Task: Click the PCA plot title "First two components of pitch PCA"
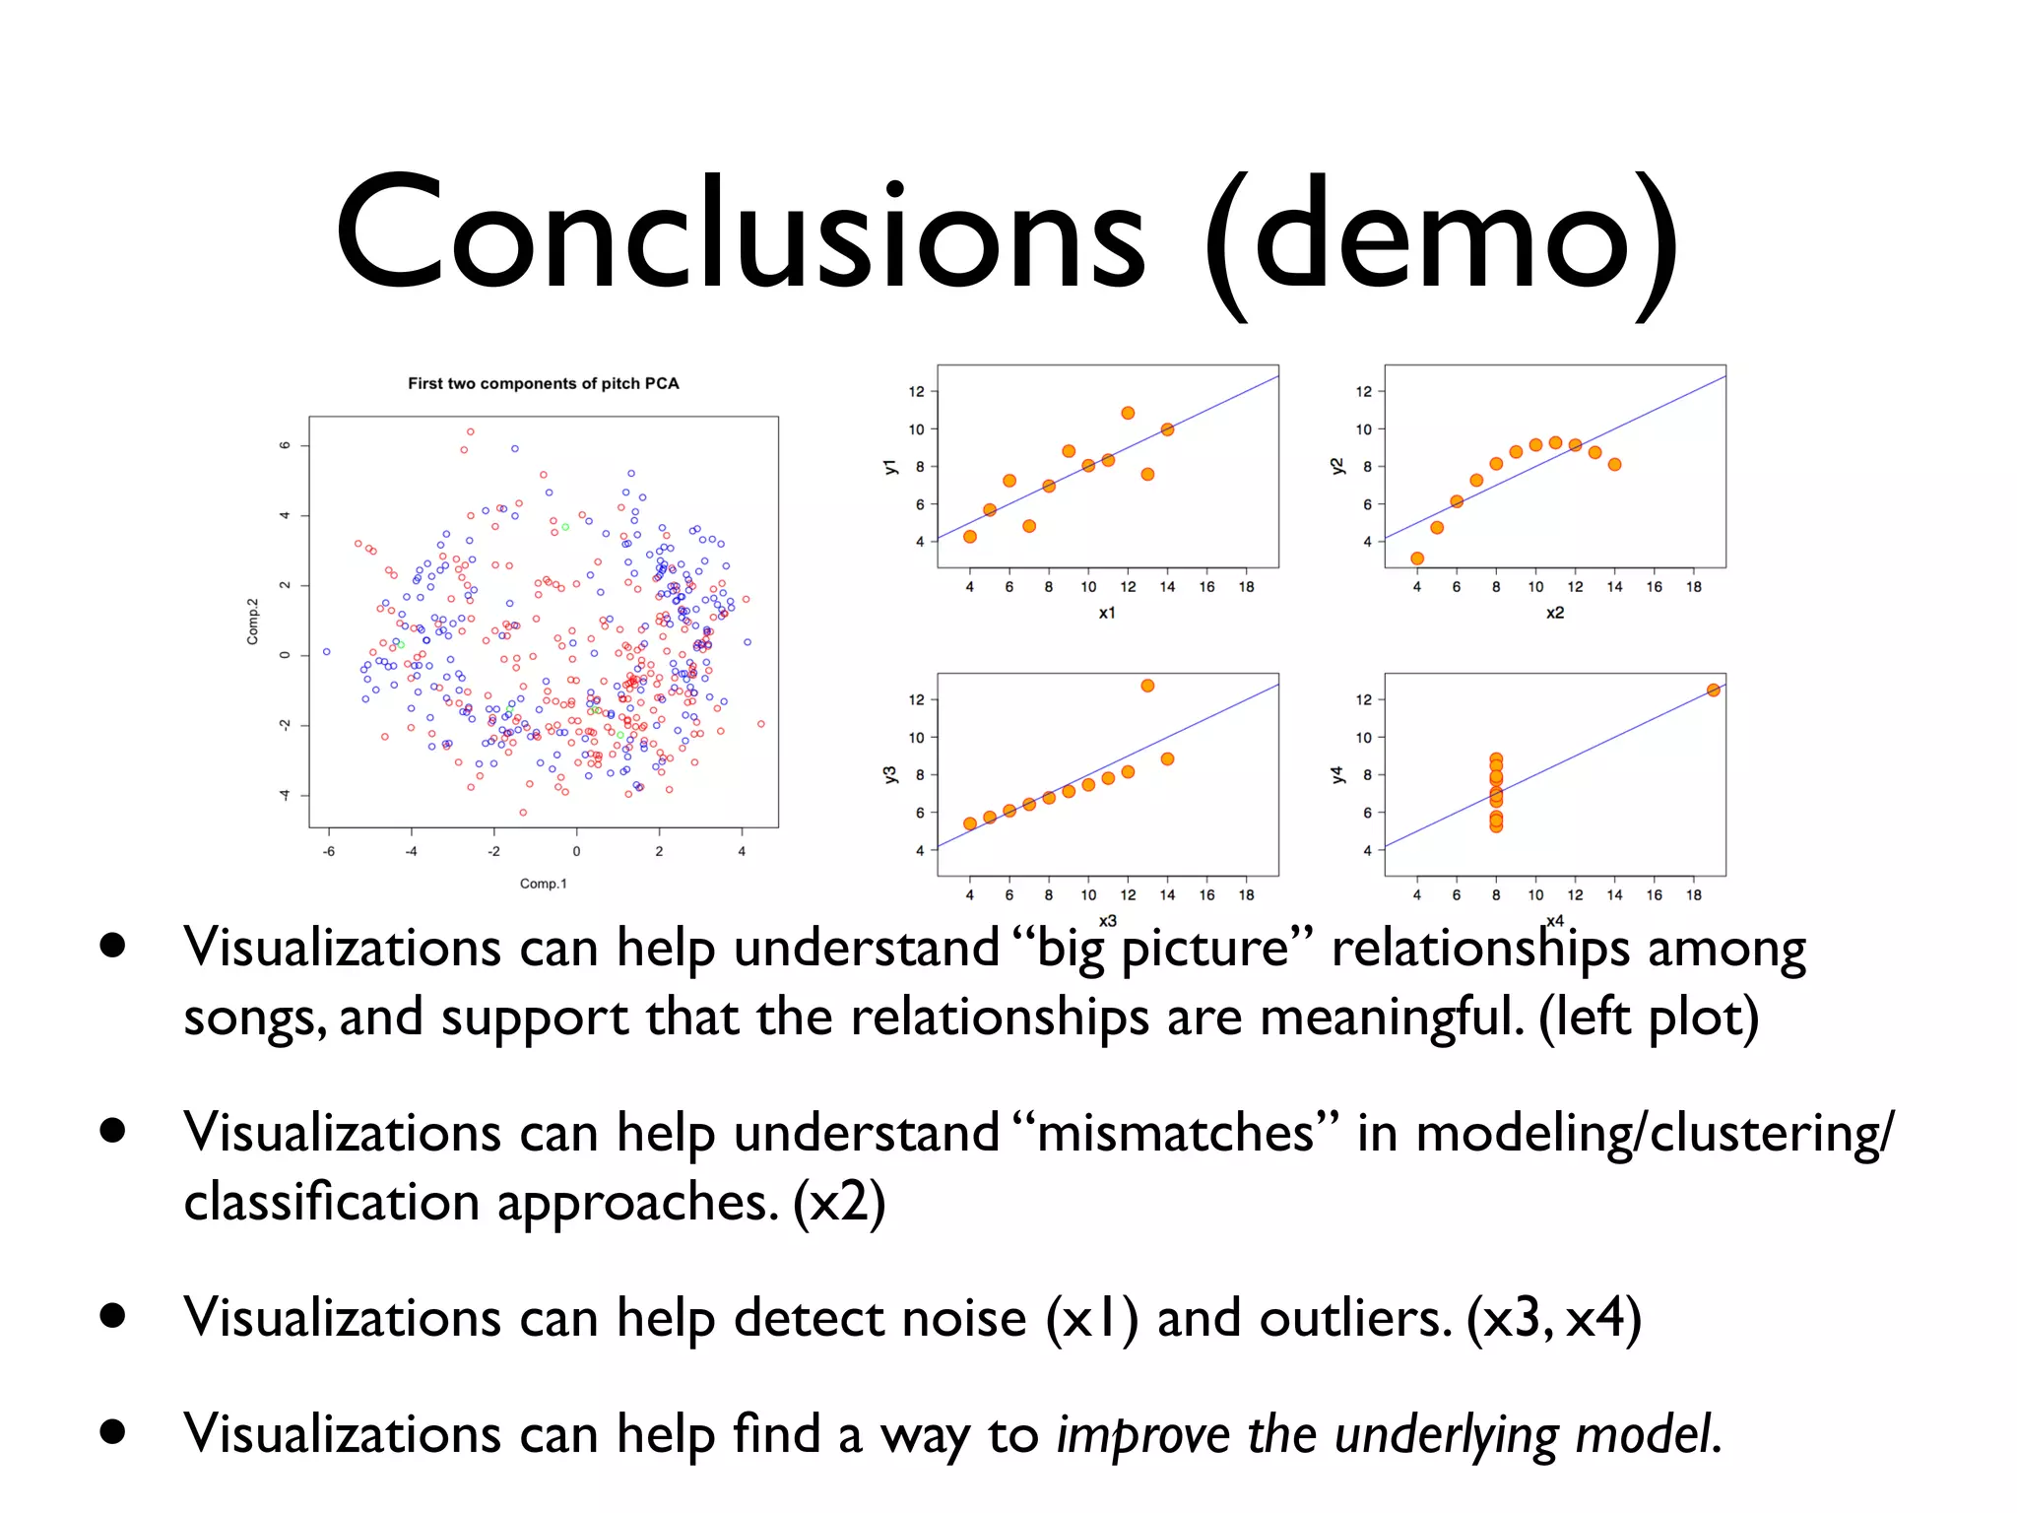544,383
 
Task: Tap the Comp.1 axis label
544,884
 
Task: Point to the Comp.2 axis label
253,622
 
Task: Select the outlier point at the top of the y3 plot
1147,686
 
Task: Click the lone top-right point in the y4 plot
1714,690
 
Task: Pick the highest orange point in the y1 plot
1128,413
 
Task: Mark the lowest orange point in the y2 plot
1417,559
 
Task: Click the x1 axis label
1107,613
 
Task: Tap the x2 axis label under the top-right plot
1554,613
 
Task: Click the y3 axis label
890,774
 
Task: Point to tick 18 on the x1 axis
1246,587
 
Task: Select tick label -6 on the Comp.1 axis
329,851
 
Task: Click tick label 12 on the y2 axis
1363,391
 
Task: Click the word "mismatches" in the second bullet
1176,1133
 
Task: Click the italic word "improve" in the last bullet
1142,1434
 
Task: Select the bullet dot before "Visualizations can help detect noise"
112,1316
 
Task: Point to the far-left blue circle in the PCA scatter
327,651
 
